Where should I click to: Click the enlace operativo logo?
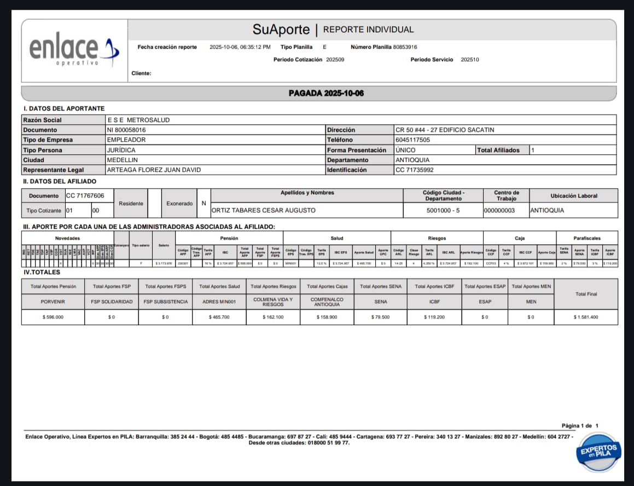click(x=73, y=51)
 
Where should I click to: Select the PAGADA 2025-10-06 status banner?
click(x=326, y=93)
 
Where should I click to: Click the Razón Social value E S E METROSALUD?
click(x=138, y=120)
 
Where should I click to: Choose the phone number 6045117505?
click(x=412, y=140)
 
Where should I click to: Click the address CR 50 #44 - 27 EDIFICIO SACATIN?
click(x=445, y=130)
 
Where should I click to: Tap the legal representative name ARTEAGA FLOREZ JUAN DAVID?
click(x=154, y=170)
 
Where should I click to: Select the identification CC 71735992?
click(x=414, y=170)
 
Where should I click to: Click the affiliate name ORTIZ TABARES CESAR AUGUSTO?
click(x=264, y=210)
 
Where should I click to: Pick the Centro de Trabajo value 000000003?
click(x=499, y=210)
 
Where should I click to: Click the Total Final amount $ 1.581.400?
click(x=586, y=317)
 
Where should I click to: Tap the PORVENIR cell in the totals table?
click(x=53, y=302)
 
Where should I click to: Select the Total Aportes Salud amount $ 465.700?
click(x=219, y=317)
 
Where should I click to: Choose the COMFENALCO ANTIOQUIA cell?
click(x=327, y=302)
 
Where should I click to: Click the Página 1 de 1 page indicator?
click(x=580, y=425)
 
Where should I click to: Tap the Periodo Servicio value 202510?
click(x=470, y=60)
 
